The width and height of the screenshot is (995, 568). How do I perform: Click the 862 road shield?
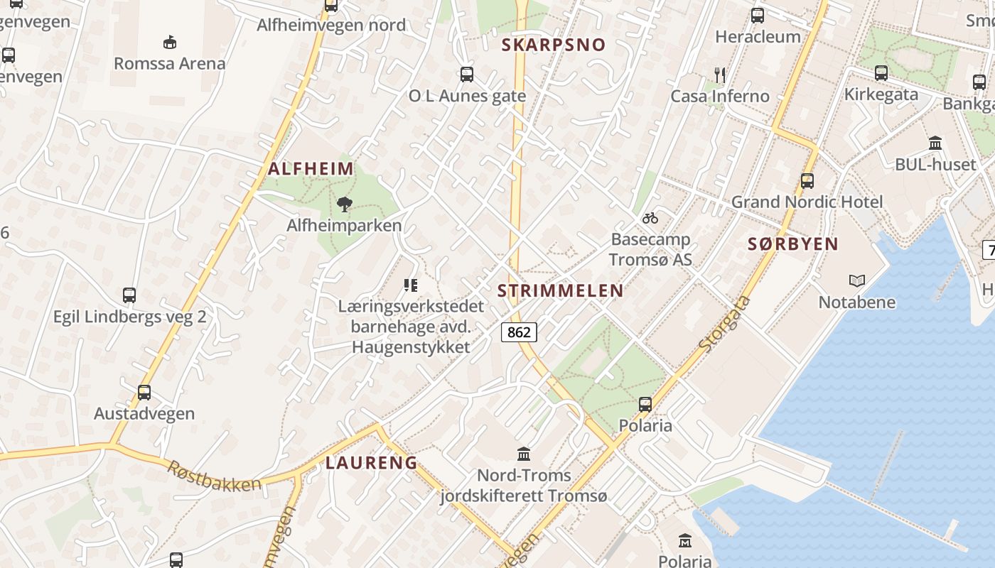click(520, 332)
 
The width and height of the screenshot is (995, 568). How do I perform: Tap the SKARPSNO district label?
click(554, 45)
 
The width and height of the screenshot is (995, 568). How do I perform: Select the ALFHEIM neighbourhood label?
click(311, 169)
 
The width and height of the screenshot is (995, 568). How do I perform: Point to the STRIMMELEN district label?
click(560, 290)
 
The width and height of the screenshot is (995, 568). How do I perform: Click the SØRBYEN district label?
click(793, 244)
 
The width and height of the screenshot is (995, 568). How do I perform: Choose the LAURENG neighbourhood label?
click(372, 463)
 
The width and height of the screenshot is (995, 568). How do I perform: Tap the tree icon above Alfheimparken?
click(345, 205)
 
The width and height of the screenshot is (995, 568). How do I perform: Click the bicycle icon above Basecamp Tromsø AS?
click(650, 218)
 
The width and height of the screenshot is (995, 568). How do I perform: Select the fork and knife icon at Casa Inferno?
click(720, 75)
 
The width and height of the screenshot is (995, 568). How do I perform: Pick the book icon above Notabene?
click(857, 281)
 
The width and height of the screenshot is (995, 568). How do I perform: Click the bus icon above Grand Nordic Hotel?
click(807, 180)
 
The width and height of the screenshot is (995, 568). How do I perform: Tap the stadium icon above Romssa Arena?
click(170, 43)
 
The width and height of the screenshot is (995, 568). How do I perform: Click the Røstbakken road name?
click(214, 476)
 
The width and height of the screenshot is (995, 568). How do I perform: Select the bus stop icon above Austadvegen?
click(144, 392)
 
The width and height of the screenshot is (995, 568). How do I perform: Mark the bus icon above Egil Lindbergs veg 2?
click(129, 295)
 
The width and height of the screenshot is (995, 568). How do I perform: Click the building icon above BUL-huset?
click(935, 143)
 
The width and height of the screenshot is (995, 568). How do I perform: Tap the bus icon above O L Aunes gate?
click(467, 74)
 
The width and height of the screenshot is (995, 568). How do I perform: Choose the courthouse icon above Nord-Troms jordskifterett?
click(524, 453)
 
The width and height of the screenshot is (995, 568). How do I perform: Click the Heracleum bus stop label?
click(758, 36)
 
